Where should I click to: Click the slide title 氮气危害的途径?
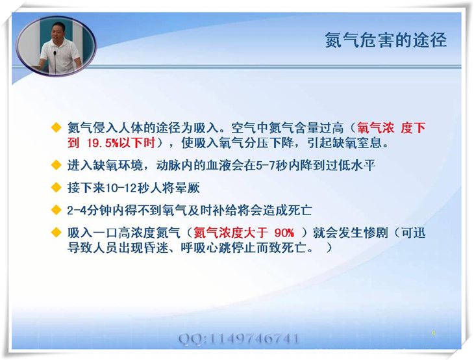[x=386, y=40]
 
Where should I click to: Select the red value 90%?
[x=284, y=233]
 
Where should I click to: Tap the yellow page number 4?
[x=433, y=333]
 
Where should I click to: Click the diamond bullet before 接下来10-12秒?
[x=56, y=188]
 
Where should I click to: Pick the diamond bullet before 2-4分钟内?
[x=56, y=210]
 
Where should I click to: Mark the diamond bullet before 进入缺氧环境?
[x=56, y=165]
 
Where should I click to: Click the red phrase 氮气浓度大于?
[x=231, y=233]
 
